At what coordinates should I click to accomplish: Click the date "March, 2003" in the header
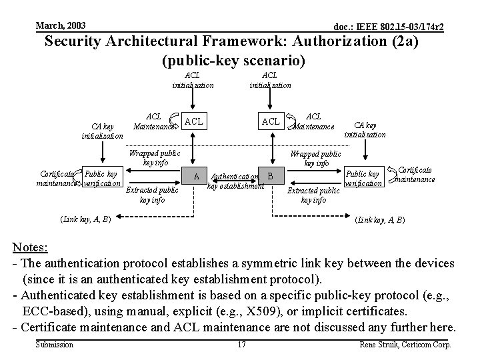coord(60,25)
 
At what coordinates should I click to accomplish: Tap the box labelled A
coord(196,177)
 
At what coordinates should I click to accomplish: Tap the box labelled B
coord(270,177)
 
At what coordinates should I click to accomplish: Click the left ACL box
coord(193,121)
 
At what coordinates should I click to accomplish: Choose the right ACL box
coord(271,121)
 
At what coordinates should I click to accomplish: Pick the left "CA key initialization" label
coord(102,131)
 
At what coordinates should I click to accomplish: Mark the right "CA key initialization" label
coord(365,129)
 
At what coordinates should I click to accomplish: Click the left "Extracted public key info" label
coord(152,195)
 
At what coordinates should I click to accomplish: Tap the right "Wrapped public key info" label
coord(316,159)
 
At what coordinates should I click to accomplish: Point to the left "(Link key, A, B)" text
coord(85,218)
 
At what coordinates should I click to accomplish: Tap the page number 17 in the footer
coord(241,345)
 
